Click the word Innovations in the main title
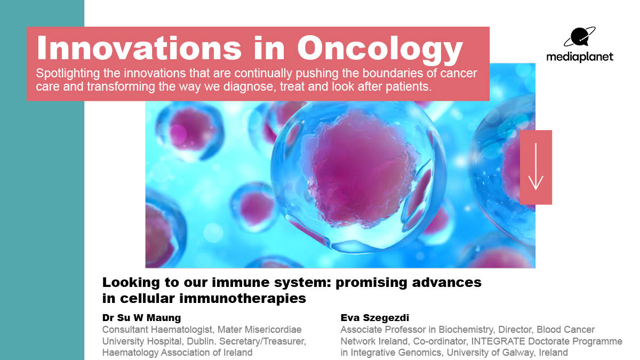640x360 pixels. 139,47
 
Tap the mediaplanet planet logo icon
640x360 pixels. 580,37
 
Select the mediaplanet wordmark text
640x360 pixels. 580,57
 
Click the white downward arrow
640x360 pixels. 535,166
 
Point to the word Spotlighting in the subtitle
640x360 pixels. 68,74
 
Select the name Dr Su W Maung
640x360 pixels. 141,317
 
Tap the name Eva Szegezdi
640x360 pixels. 374,318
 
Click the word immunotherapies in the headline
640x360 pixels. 243,298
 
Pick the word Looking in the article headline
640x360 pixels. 131,282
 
